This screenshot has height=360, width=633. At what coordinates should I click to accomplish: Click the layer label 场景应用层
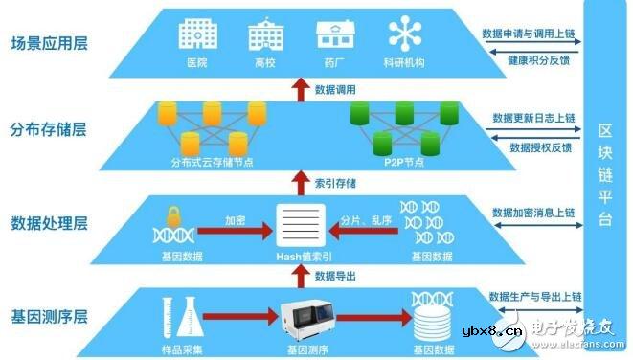[x=49, y=44]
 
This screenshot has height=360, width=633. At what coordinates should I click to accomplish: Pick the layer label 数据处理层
[x=49, y=224]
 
